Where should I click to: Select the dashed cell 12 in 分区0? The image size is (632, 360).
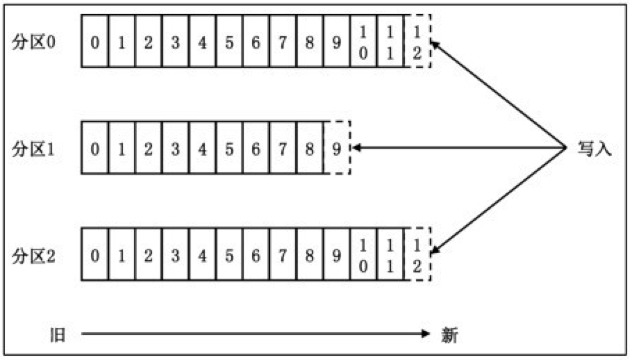[x=417, y=42]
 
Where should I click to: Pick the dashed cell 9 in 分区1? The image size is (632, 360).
[x=337, y=148]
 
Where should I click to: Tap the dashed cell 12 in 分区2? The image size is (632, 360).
[x=417, y=255]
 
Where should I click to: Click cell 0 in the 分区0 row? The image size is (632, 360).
[x=94, y=42]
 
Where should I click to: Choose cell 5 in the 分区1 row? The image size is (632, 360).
[x=228, y=148]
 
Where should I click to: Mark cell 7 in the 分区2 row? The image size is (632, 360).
[x=283, y=255]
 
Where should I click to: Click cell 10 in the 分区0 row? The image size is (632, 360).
[x=363, y=42]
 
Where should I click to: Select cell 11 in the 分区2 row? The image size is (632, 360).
[x=390, y=255]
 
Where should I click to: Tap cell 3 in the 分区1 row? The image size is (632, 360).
[x=175, y=148]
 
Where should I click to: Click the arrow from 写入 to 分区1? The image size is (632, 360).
[x=458, y=147]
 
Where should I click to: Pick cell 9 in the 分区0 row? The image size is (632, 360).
[x=337, y=42]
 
